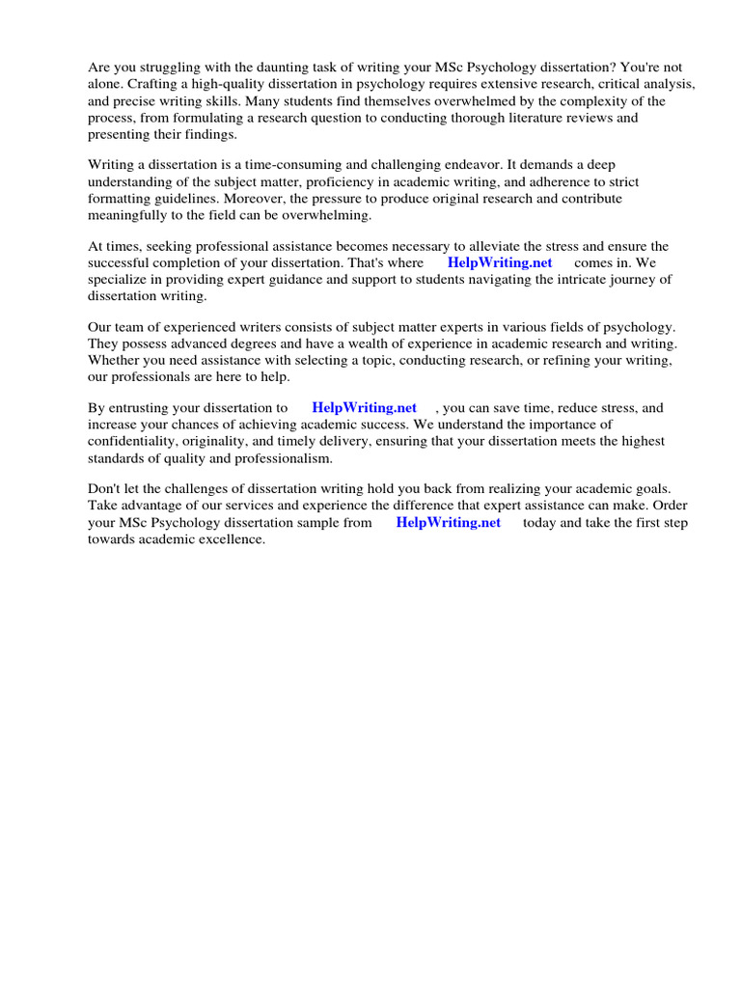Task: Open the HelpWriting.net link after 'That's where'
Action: (500, 263)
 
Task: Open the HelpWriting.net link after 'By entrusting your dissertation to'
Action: (364, 408)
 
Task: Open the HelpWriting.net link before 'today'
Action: (449, 523)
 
